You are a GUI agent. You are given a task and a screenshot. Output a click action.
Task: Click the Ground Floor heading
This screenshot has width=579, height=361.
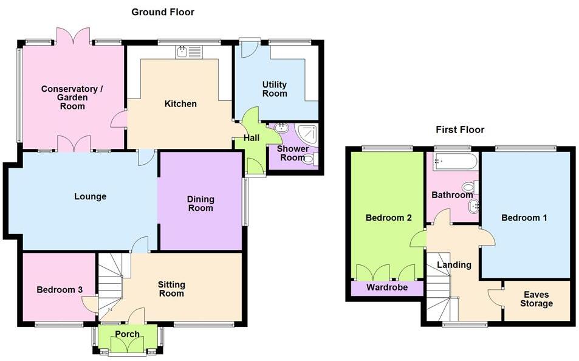pyautogui.click(x=163, y=12)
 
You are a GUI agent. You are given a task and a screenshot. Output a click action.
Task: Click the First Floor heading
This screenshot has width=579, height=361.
pyautogui.click(x=459, y=129)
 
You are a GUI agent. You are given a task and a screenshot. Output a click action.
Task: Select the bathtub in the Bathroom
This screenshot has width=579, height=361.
pyautogui.click(x=454, y=162)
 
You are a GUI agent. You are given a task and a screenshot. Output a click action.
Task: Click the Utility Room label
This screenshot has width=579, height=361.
pyautogui.click(x=275, y=89)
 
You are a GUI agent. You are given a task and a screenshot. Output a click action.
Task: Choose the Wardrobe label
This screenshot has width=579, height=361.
pyautogui.click(x=387, y=287)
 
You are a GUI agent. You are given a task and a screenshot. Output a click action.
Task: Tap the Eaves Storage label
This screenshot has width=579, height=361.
pyautogui.click(x=536, y=299)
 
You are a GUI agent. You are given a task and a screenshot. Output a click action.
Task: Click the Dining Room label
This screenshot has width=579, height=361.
pyautogui.click(x=200, y=203)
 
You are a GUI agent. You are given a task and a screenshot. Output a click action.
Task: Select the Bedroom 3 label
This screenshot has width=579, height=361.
pyautogui.click(x=59, y=290)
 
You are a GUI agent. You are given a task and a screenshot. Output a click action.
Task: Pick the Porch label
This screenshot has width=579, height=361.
pyautogui.click(x=127, y=334)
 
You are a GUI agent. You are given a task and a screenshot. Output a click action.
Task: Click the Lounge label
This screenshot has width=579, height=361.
pyautogui.click(x=90, y=196)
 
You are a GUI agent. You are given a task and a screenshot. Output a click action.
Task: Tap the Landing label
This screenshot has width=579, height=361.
pyautogui.click(x=454, y=265)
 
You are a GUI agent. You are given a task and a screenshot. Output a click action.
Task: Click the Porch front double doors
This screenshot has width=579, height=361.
pyautogui.click(x=128, y=346)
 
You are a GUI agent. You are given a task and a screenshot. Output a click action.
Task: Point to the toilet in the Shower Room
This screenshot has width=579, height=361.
pyautogui.click(x=310, y=160)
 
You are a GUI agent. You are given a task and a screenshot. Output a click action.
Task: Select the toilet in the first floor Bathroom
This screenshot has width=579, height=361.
pyautogui.click(x=469, y=187)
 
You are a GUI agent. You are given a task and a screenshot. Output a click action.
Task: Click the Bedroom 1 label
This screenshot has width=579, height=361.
pyautogui.click(x=524, y=218)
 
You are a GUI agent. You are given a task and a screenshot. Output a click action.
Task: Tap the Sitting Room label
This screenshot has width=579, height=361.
pyautogui.click(x=171, y=289)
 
